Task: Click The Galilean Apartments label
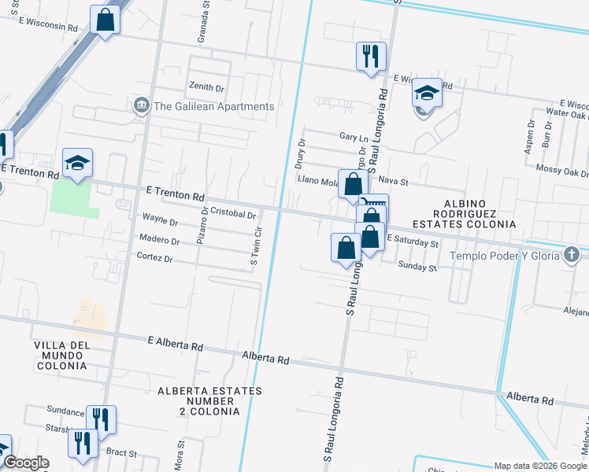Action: (x=214, y=106)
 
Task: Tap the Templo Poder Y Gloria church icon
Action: (x=572, y=255)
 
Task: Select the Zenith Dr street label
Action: (x=206, y=87)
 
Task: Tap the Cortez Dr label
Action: (x=154, y=257)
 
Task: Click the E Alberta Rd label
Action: (x=176, y=343)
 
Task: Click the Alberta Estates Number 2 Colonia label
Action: (x=198, y=400)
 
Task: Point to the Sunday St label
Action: (x=417, y=267)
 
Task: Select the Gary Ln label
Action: (x=348, y=136)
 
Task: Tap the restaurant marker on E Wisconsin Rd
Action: (x=371, y=56)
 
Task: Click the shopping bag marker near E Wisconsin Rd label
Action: (x=106, y=19)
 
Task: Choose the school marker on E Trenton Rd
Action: (x=78, y=163)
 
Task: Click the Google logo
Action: (x=25, y=463)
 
